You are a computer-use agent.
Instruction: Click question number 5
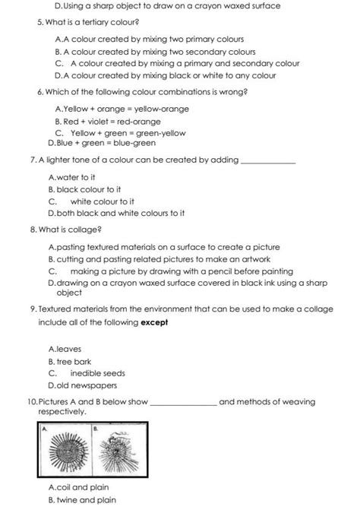(39, 24)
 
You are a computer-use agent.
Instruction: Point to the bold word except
(154, 322)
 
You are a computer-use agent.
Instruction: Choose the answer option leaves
(69, 350)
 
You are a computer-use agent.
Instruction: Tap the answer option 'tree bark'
(73, 362)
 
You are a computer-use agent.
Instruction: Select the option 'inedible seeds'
(97, 373)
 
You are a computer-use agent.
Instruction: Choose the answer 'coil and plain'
(84, 487)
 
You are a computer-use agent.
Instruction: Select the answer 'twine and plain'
(86, 499)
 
